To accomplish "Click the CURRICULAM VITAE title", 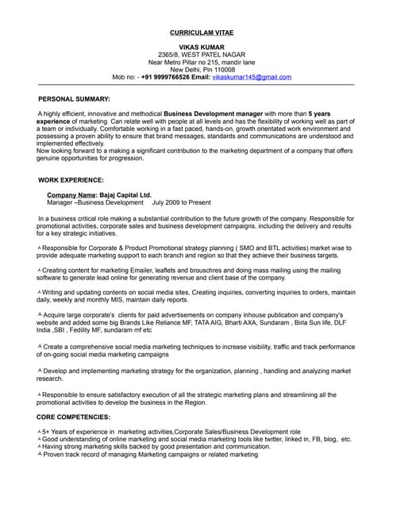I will tap(202, 33).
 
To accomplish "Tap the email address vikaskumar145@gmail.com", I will tap(252, 77).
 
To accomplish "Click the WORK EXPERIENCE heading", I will tap(71, 180).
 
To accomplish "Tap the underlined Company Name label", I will tap(71, 194).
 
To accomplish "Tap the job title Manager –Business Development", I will tap(96, 202).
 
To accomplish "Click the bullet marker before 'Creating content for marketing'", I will tap(40, 270).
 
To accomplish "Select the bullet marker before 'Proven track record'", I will tap(40, 454).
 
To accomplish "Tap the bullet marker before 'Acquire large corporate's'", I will tap(40, 315).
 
